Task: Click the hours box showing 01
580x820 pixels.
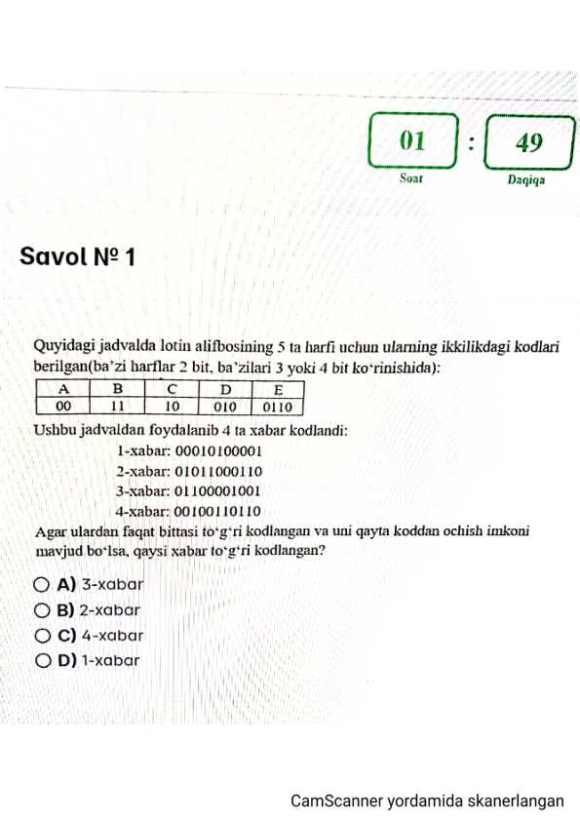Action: (413, 142)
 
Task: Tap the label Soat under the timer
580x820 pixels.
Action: (412, 178)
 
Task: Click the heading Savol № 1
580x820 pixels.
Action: (77, 257)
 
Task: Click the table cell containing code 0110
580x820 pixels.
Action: (279, 407)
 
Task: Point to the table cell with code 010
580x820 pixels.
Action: (225, 407)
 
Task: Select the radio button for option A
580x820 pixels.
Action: (42, 586)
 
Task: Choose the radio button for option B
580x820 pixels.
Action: (42, 611)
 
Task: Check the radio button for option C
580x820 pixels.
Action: (42, 636)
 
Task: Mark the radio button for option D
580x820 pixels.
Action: (42, 661)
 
